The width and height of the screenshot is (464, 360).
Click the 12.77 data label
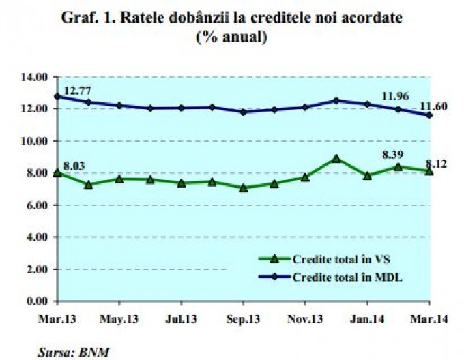78,90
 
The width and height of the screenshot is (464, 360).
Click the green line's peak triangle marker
336,159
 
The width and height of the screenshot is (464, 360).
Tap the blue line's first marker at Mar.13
57,96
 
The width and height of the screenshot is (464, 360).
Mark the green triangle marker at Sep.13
243,187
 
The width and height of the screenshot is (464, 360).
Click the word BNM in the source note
97,352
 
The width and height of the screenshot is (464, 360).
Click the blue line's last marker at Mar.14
429,115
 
